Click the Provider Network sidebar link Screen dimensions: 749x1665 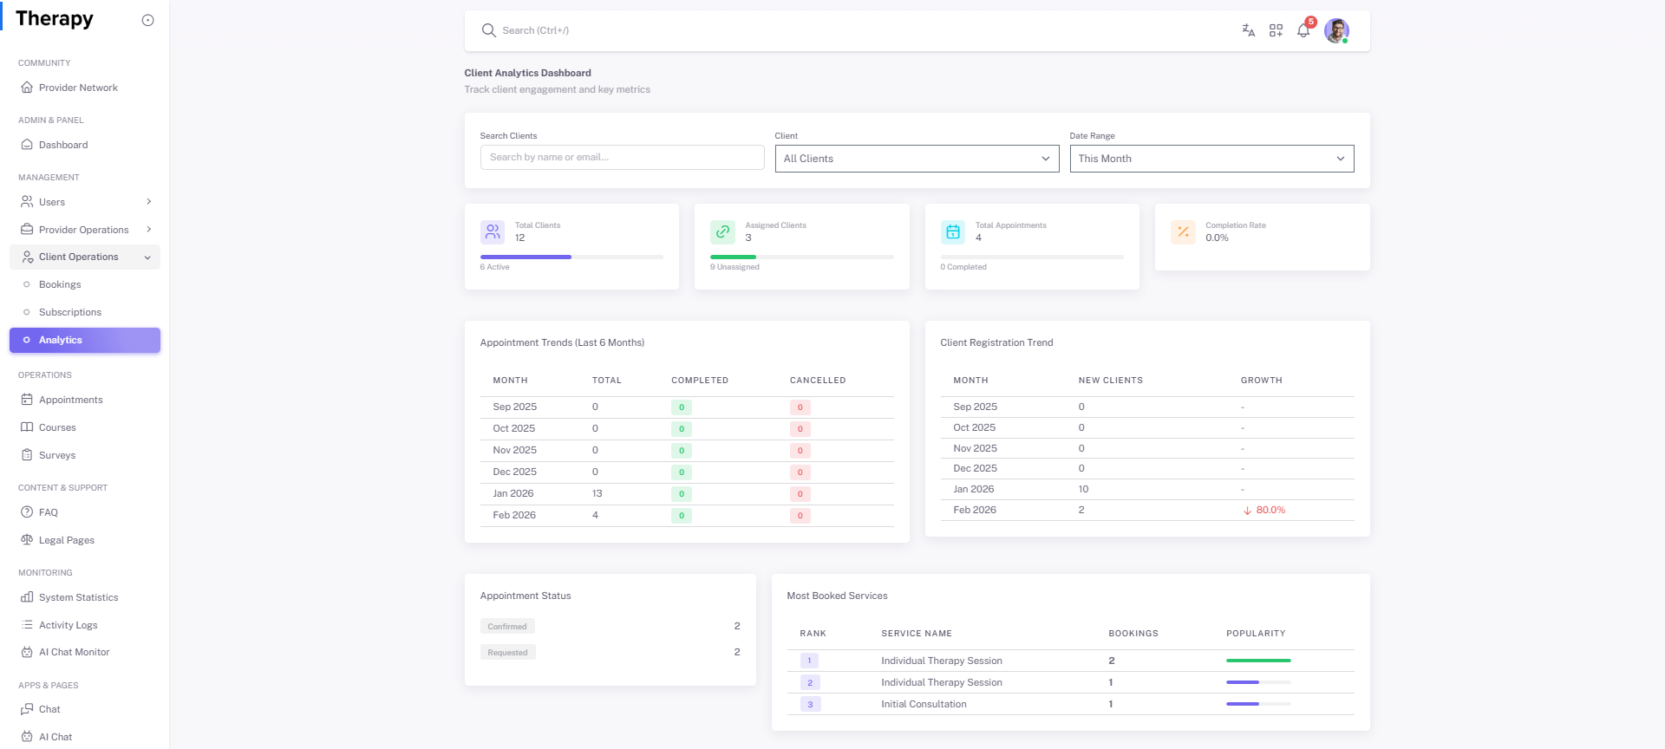point(78,88)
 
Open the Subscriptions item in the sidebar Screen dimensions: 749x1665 point(69,312)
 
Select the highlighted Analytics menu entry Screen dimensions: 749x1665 point(84,340)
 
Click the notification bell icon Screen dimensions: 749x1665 point(1303,31)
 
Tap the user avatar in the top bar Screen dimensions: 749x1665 point(1335,31)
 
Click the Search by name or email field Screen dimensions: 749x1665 point(622,158)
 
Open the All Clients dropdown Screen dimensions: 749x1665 point(917,159)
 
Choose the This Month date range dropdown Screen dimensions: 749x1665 point(1211,159)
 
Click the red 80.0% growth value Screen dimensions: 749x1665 point(1270,510)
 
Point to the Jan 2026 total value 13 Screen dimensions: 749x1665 point(597,493)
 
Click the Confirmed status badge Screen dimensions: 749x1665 point(507,626)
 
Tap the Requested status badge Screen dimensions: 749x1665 point(507,652)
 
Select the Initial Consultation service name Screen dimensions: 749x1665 point(924,704)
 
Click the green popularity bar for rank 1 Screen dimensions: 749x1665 point(1258,661)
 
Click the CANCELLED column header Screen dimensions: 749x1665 point(817,381)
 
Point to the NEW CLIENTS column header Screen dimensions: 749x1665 point(1110,381)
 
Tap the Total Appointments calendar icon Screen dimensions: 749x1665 point(952,231)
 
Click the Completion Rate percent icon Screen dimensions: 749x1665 point(1183,231)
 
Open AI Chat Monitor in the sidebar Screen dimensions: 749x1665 point(74,652)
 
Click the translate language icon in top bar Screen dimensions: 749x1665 point(1248,30)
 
